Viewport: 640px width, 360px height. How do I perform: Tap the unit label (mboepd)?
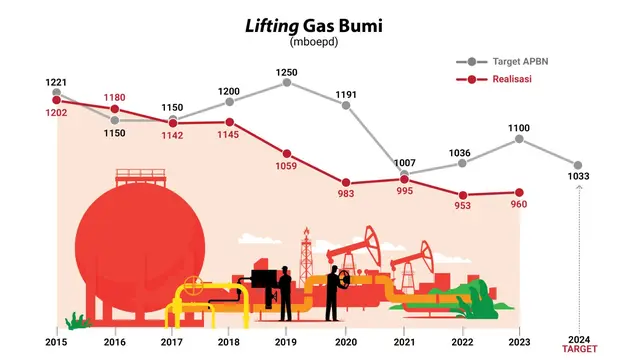(x=318, y=42)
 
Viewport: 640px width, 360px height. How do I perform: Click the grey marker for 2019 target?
(x=288, y=82)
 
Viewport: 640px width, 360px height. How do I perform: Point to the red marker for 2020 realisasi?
(x=346, y=182)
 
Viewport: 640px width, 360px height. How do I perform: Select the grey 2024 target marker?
(x=577, y=165)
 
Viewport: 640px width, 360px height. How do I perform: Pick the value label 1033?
(x=577, y=177)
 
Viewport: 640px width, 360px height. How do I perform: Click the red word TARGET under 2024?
(x=577, y=350)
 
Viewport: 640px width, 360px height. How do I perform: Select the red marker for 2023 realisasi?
(x=519, y=192)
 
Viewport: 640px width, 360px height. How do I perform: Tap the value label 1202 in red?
(x=58, y=113)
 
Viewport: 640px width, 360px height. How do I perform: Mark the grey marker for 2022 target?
(x=462, y=165)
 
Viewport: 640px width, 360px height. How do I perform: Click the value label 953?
(x=462, y=206)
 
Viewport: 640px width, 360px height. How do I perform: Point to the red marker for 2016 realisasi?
(x=116, y=109)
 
